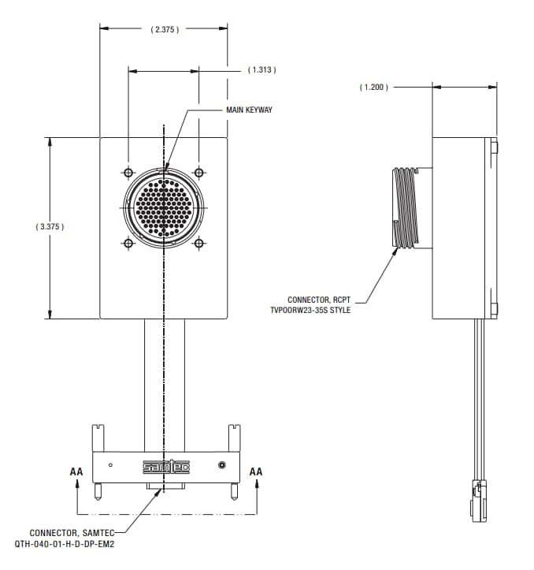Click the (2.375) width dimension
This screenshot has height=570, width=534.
point(165,29)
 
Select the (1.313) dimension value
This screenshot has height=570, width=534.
point(261,70)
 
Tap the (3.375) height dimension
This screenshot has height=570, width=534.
point(50,226)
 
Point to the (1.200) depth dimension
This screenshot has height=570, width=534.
point(374,87)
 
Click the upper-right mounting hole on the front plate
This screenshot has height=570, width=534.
point(199,173)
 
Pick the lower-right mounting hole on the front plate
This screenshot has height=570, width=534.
point(199,244)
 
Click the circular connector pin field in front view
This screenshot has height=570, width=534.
point(164,208)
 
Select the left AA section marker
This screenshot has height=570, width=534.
point(76,471)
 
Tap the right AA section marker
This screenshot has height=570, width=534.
point(256,471)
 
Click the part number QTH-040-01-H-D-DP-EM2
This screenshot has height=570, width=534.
point(65,544)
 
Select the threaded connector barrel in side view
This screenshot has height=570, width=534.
point(406,208)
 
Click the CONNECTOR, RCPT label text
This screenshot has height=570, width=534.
point(318,300)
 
